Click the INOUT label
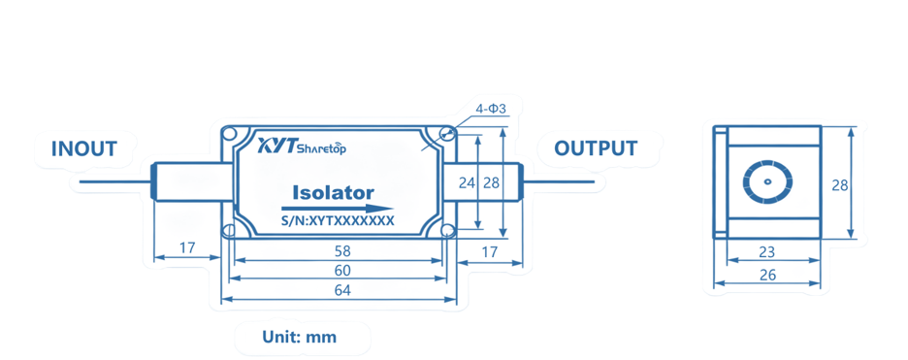pyautogui.click(x=84, y=148)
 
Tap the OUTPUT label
pyautogui.click(x=596, y=148)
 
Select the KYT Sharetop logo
pyautogui.click(x=301, y=147)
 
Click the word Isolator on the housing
pyautogui.click(x=334, y=192)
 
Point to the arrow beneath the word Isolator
pyautogui.click(x=337, y=209)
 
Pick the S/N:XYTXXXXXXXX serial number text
pyautogui.click(x=337, y=220)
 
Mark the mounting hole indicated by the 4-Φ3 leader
pyautogui.click(x=446, y=134)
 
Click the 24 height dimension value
pyautogui.click(x=467, y=182)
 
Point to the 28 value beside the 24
pyautogui.click(x=491, y=182)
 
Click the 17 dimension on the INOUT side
pyautogui.click(x=186, y=248)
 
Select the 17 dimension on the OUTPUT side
pyautogui.click(x=489, y=252)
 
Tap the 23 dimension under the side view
pyautogui.click(x=766, y=252)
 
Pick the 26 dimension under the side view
pyautogui.click(x=768, y=275)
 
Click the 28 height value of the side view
pyautogui.click(x=840, y=185)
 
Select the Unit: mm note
pyautogui.click(x=300, y=337)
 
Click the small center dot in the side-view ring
pyautogui.click(x=768, y=181)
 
